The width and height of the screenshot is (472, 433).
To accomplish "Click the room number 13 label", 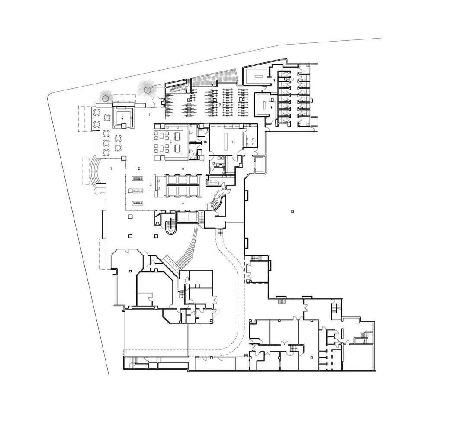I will [x=292, y=211].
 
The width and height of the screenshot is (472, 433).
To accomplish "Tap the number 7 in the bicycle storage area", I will [x=220, y=105].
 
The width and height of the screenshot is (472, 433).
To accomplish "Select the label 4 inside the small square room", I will [x=122, y=117].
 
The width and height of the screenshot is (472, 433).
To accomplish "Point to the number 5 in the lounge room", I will [x=170, y=141].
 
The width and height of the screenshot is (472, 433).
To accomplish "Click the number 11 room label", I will [x=233, y=142].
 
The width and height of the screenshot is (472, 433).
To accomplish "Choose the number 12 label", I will [x=213, y=164].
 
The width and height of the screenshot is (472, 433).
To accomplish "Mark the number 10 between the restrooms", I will [x=205, y=142].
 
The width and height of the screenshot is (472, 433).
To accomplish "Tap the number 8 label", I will [x=274, y=81].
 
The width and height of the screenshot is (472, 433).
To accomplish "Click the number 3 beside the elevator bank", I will [x=151, y=184].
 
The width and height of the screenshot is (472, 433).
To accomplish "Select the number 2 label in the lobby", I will [x=139, y=168].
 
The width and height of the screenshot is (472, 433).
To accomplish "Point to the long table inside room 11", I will [x=226, y=141].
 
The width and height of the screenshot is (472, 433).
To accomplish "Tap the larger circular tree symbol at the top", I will [x=148, y=89].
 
